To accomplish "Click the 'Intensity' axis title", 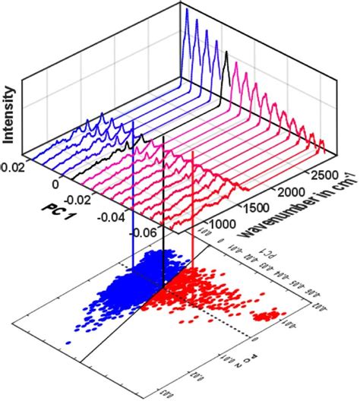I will click(11, 115).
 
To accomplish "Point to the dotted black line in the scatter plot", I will click(235, 327).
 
